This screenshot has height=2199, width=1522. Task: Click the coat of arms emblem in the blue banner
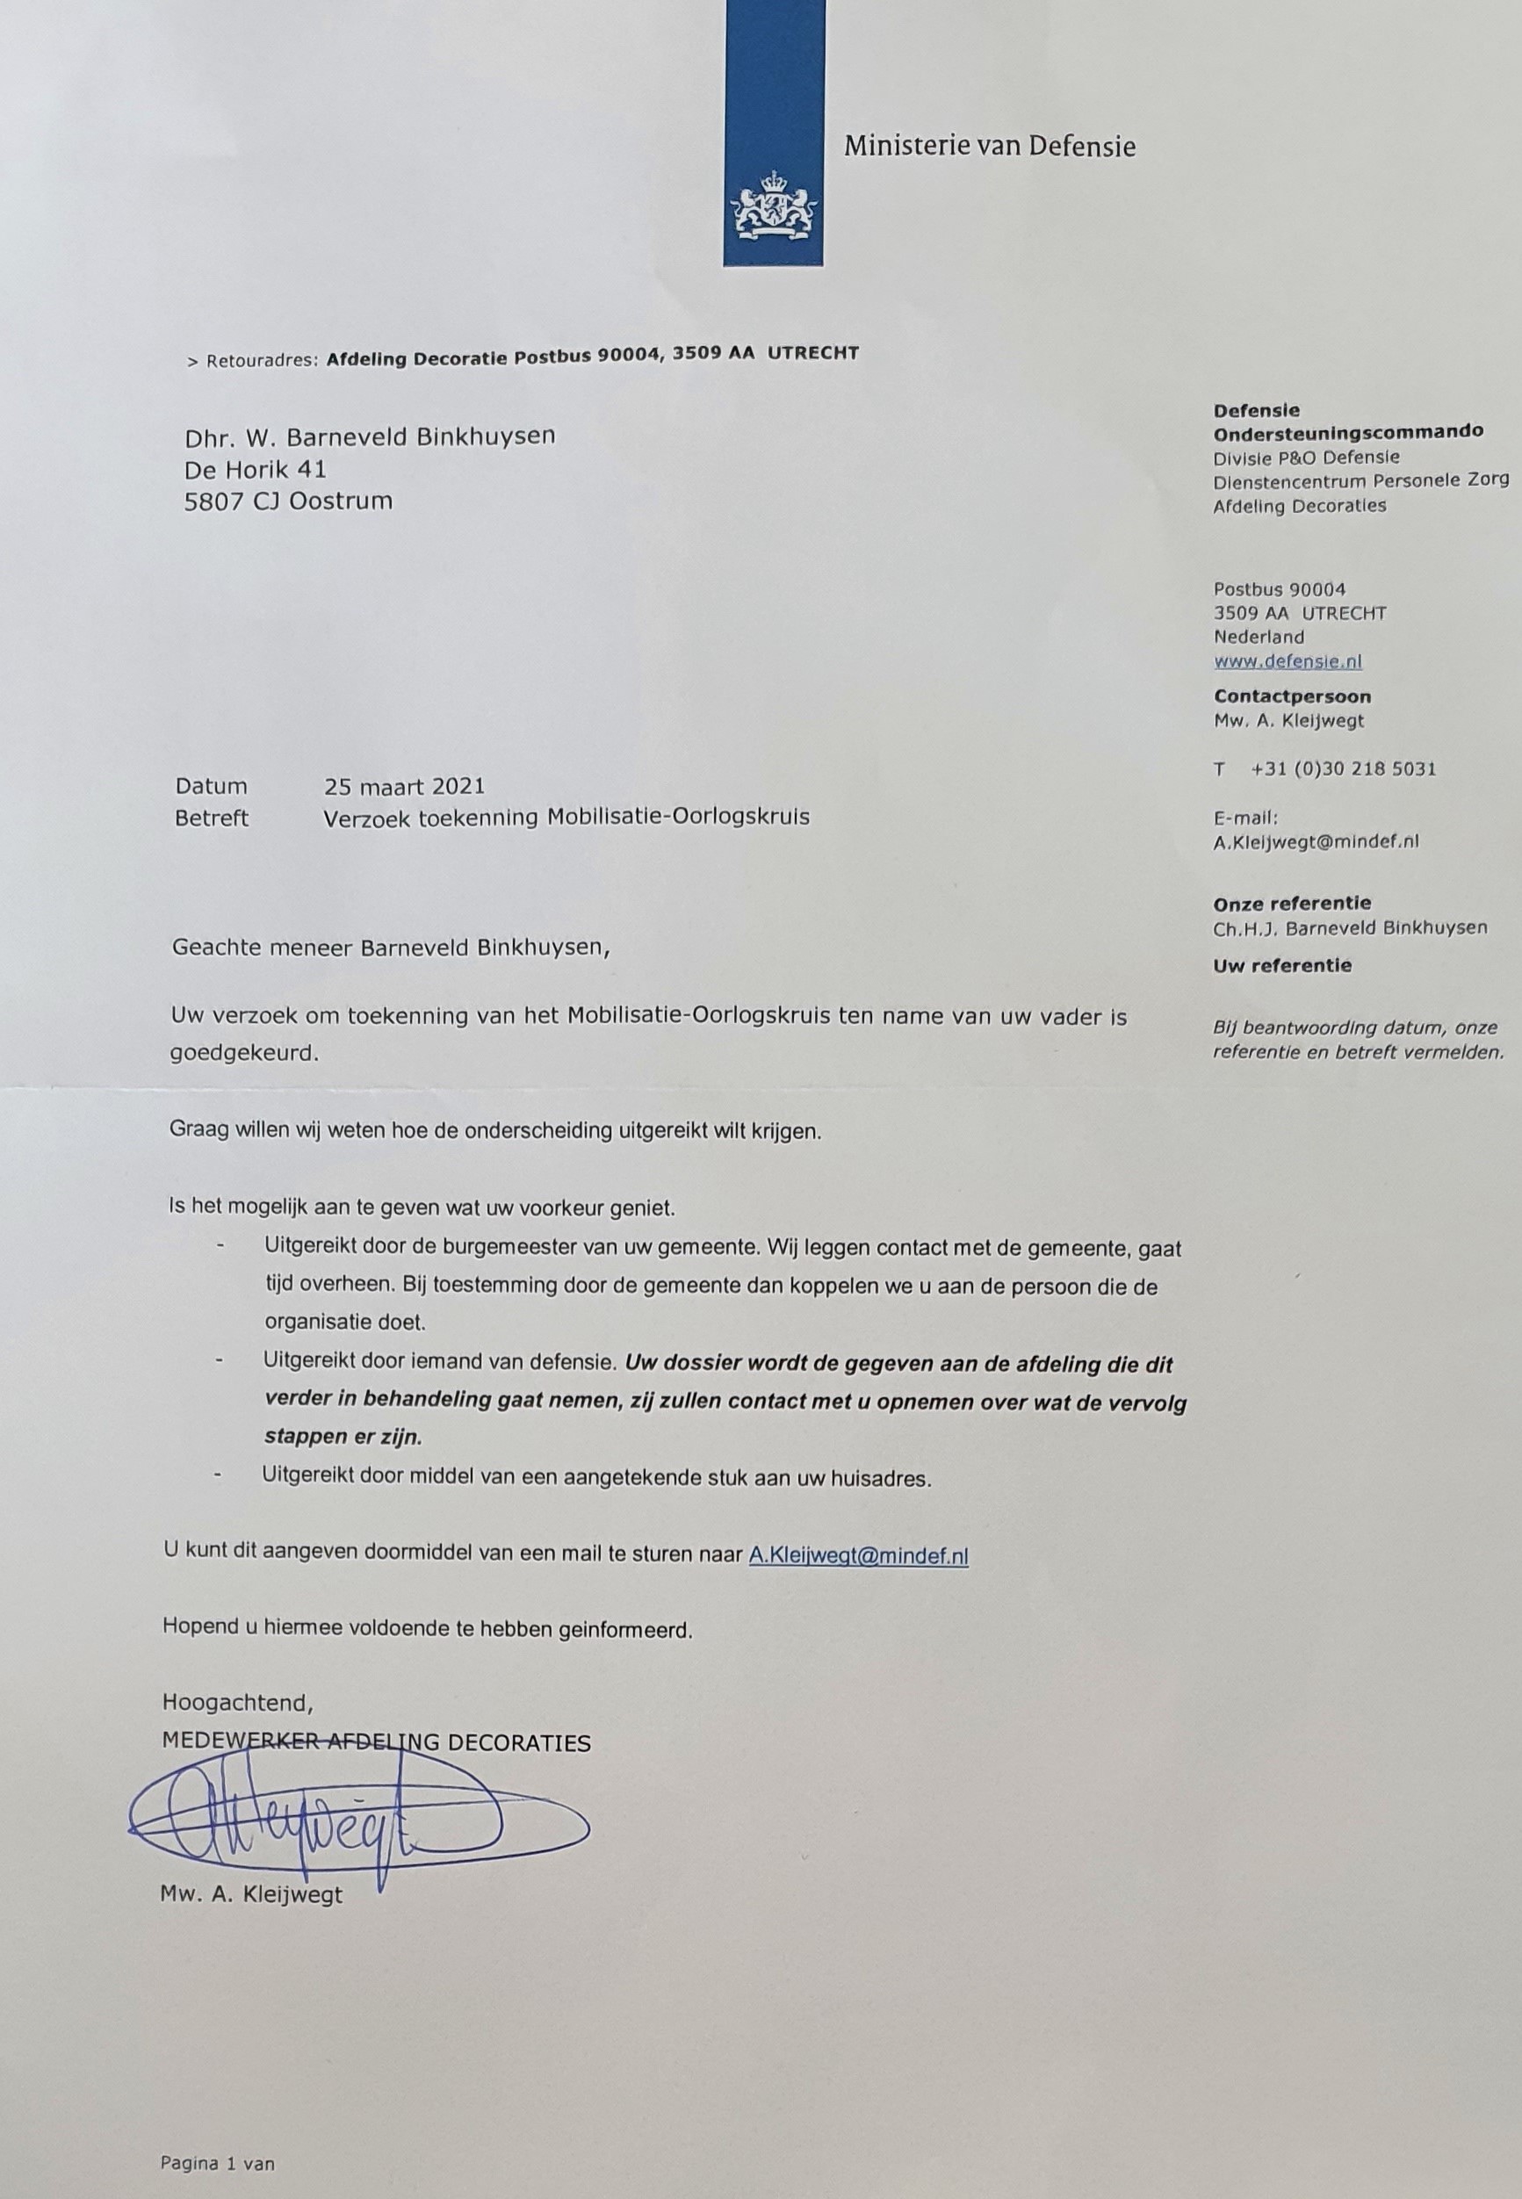(773, 205)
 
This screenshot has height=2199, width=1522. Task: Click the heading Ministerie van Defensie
(989, 146)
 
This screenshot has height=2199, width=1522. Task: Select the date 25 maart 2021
(404, 786)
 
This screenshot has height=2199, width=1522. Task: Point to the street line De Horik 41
(255, 468)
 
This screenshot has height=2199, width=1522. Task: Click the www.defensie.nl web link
(1288, 661)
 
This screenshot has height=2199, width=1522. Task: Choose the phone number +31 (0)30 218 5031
(1343, 768)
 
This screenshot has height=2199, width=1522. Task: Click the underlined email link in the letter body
(858, 1555)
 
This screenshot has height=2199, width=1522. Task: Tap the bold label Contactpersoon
(1291, 696)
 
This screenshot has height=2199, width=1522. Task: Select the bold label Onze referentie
(1291, 903)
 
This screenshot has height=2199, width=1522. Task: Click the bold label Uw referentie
(1281, 965)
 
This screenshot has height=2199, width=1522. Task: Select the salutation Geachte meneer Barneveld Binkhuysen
(389, 948)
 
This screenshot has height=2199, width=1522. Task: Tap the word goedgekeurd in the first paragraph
(243, 1054)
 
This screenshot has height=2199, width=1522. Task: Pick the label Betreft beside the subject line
(211, 818)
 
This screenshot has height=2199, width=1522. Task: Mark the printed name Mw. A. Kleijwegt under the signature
(251, 1895)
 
